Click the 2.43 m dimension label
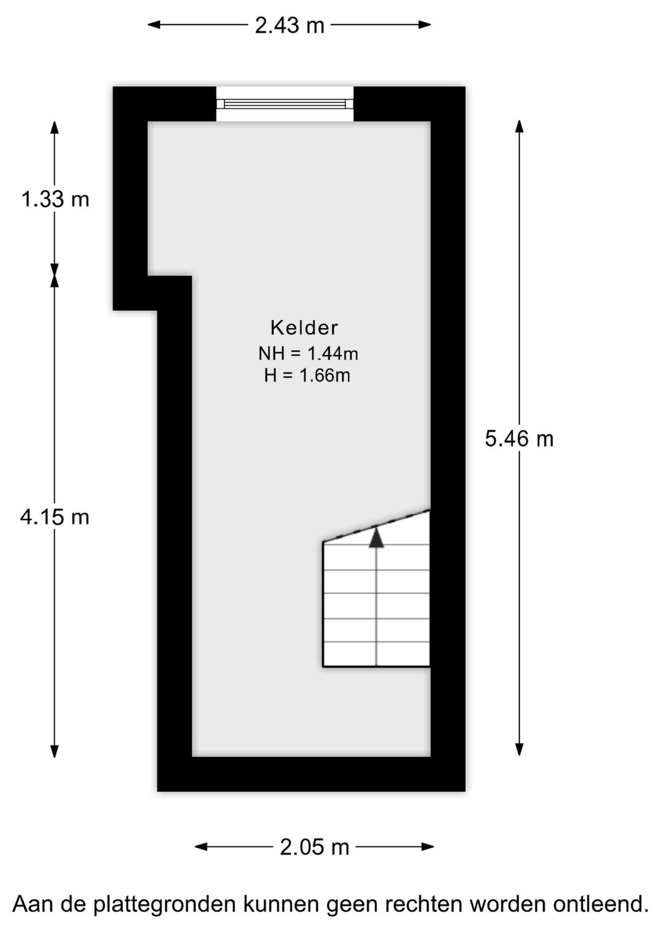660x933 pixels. pyautogui.click(x=289, y=25)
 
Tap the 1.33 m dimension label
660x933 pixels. pyautogui.click(x=55, y=199)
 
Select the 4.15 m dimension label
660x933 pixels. pyautogui.click(x=55, y=517)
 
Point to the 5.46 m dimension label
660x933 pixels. pyautogui.click(x=519, y=439)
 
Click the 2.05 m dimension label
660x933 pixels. pyautogui.click(x=314, y=847)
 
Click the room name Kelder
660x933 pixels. pyautogui.click(x=304, y=328)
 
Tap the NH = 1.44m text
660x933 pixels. pyautogui.click(x=308, y=353)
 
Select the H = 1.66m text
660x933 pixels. pyautogui.click(x=307, y=375)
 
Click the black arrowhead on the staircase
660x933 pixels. pyautogui.click(x=376, y=537)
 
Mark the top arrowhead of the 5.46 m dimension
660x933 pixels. pyautogui.click(x=519, y=126)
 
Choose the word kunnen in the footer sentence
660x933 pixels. pyautogui.click(x=282, y=904)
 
